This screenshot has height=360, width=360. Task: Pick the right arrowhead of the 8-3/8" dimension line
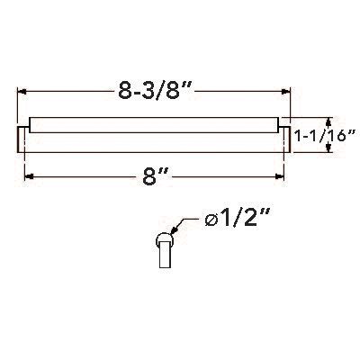click(x=289, y=91)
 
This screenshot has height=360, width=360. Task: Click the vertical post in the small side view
click(x=166, y=259)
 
